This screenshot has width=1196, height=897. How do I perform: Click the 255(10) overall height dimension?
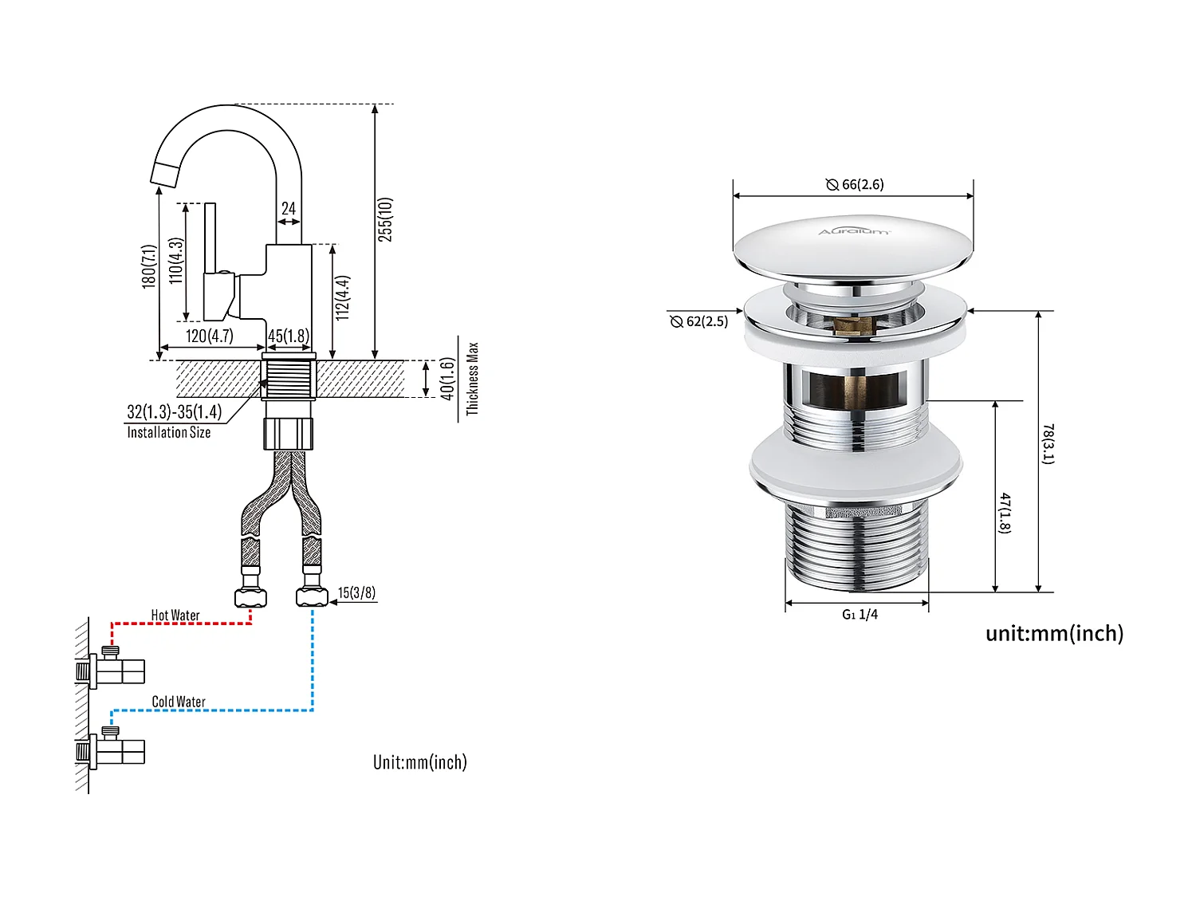click(x=385, y=219)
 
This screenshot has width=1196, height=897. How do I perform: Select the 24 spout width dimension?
click(x=289, y=209)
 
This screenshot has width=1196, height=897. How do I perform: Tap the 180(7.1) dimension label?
click(x=149, y=266)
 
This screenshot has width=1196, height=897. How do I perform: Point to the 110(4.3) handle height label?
click(x=176, y=261)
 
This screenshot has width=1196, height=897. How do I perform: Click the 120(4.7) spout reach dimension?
click(x=209, y=336)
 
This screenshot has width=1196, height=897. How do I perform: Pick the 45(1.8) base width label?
click(x=289, y=336)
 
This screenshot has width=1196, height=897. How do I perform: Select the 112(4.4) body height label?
click(x=343, y=298)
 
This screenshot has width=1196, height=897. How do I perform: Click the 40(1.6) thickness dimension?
click(x=447, y=379)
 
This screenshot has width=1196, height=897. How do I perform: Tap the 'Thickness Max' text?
click(x=472, y=379)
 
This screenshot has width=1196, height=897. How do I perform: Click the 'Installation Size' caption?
click(x=169, y=433)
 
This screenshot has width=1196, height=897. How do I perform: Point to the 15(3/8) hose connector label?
click(x=356, y=592)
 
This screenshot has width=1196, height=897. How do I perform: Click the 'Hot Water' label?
click(x=175, y=616)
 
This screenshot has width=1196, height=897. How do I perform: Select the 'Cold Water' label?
click(x=179, y=702)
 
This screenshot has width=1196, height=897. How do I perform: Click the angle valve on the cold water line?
click(x=116, y=749)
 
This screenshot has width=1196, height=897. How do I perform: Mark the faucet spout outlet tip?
click(x=163, y=173)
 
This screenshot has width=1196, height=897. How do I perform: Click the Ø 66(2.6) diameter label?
click(x=855, y=184)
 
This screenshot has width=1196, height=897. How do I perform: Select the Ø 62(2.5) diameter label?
click(x=699, y=321)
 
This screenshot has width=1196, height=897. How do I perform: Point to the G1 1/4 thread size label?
click(x=860, y=614)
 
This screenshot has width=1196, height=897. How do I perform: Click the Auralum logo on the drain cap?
click(x=854, y=231)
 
